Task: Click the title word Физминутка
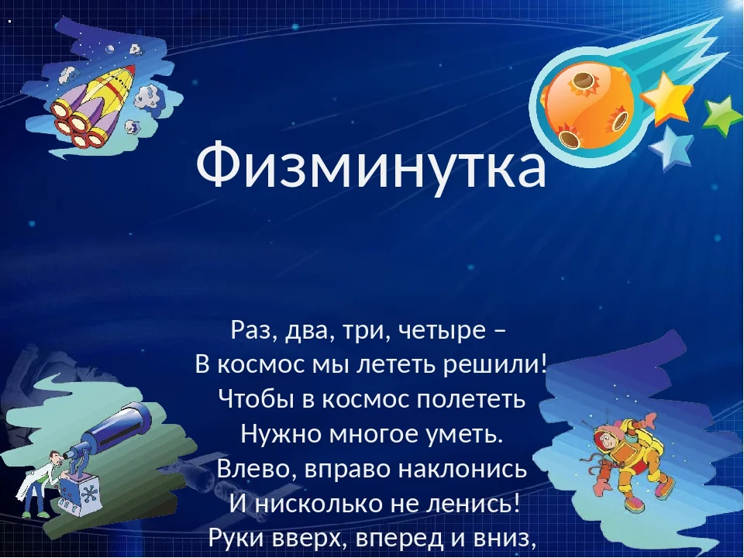[371, 167]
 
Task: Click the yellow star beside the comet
[666, 98]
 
